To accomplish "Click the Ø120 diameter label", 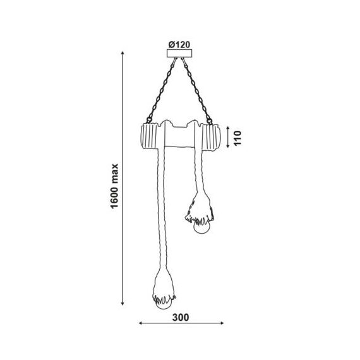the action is pos(179,45).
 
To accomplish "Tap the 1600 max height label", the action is pos(114,186).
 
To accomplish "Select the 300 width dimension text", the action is pos(181,318).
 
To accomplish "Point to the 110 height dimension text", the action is pos(237,138).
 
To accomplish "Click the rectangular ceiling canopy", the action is pos(179,53).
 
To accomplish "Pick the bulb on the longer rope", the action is pos(163,304).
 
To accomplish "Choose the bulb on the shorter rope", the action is pos(202,227).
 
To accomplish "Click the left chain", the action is pos(162,90).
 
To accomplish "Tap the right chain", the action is pos(197,91).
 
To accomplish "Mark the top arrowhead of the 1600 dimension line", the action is pos(123,53).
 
